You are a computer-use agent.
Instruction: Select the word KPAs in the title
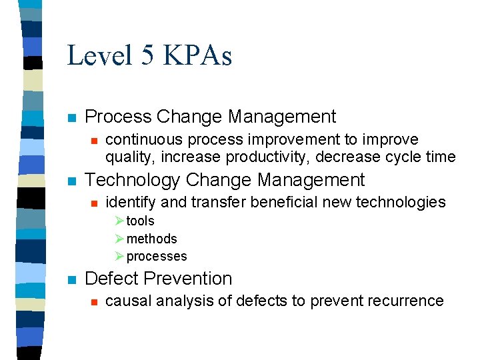197,55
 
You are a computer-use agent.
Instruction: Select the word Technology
134,180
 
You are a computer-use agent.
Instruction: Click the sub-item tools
140,221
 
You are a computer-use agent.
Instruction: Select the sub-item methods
151,239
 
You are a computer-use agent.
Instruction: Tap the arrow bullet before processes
119,256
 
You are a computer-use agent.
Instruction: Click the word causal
125,301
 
